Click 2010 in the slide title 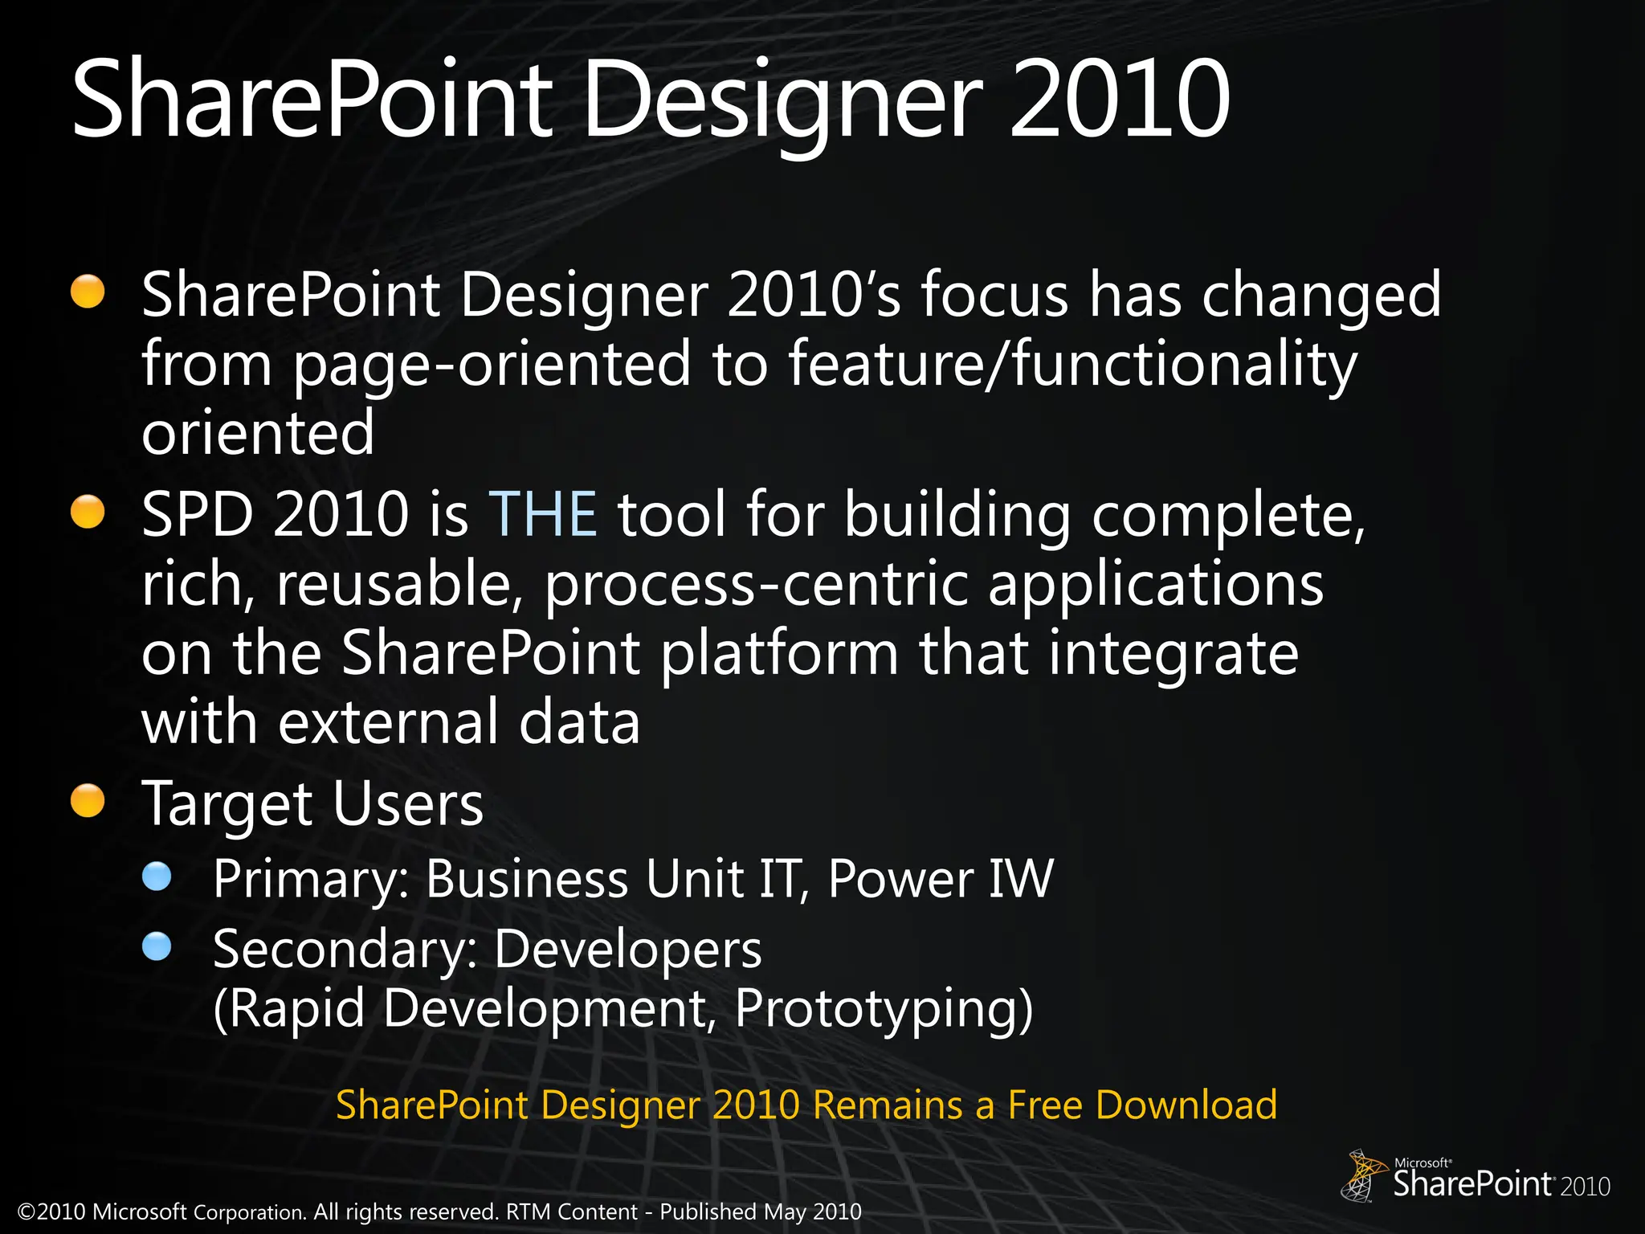tap(1119, 100)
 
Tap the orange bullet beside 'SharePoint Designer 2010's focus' tap(88, 292)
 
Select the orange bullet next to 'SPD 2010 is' tap(88, 512)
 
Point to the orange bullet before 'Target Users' tap(88, 801)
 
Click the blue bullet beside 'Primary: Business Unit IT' tap(157, 876)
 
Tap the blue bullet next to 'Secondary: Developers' tap(157, 946)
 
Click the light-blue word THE tap(543, 514)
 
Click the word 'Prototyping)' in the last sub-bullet tap(884, 1009)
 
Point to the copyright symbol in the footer tap(27, 1212)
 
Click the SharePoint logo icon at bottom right tap(1363, 1175)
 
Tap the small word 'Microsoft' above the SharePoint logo tap(1421, 1162)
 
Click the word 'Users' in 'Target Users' tap(408, 803)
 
